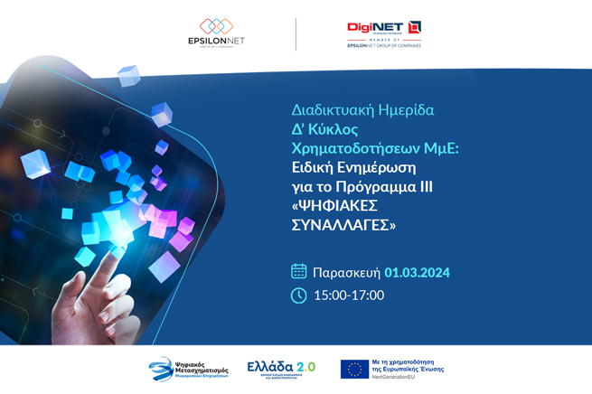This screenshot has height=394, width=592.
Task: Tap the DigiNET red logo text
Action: [x=376, y=27]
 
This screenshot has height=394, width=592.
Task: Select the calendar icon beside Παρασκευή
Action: [x=299, y=271]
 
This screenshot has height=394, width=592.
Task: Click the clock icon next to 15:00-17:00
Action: [x=299, y=295]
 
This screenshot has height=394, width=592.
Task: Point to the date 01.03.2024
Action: [x=417, y=272]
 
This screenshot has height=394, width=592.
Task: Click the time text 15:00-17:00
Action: [x=349, y=295]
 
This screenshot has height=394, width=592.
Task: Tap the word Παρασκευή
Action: [x=346, y=272]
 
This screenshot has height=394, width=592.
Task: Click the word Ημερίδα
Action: [x=405, y=110]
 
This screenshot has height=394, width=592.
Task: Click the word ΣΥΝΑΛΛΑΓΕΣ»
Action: [x=343, y=225]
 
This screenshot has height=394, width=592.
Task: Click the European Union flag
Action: [x=354, y=368]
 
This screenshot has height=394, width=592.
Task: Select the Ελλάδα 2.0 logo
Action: [x=281, y=368]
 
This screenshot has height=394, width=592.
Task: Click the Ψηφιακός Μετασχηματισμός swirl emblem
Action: [x=160, y=369]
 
